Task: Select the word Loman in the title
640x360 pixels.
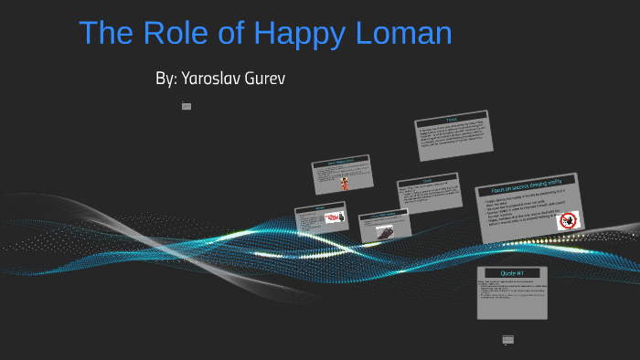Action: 405,34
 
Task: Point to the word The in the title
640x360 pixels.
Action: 109,34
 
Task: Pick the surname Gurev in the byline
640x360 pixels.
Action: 262,79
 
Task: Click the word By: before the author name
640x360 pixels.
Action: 165,79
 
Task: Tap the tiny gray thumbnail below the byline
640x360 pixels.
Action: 187,106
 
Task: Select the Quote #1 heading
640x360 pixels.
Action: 512,273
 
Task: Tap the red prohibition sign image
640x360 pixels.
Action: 569,220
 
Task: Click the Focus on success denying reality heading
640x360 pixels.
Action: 527,187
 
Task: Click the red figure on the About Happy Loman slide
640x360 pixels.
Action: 345,182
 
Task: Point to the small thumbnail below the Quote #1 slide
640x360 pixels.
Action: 508,340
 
